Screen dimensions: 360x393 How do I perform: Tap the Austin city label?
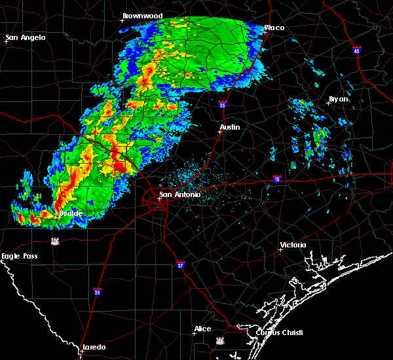click(x=230, y=128)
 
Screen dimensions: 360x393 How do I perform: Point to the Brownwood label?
click(x=142, y=16)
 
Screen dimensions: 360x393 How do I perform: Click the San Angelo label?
click(x=26, y=37)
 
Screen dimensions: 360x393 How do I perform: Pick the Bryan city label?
click(x=339, y=99)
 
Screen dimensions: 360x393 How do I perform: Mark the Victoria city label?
click(x=293, y=245)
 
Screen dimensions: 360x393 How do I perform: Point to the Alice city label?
click(x=202, y=329)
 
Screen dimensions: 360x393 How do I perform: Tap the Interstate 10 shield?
click(x=277, y=178)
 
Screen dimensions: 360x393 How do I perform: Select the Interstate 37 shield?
click(x=181, y=264)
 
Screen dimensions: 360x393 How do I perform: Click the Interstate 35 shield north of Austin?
click(x=223, y=104)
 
